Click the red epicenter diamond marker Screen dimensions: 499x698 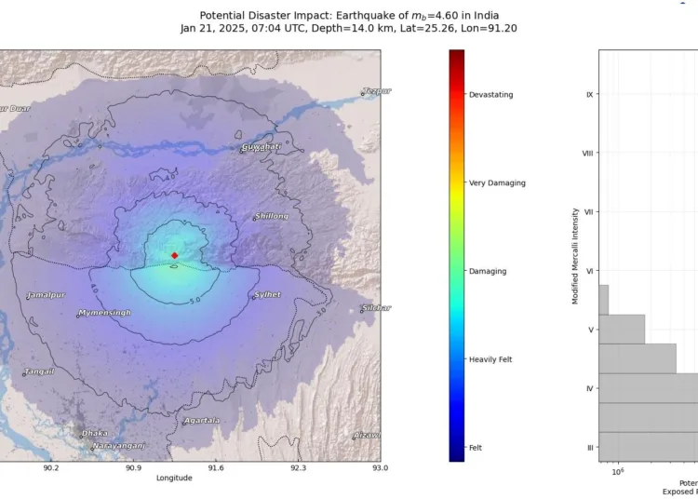174,255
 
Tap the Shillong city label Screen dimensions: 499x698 271,216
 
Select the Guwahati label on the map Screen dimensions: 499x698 261,147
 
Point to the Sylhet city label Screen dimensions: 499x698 268,295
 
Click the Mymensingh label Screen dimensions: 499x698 104,313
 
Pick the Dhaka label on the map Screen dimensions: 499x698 94,433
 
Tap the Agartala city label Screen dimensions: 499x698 202,420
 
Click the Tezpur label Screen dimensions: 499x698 377,90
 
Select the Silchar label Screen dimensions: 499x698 376,307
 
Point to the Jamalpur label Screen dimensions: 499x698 47,295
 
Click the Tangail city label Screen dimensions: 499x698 39,371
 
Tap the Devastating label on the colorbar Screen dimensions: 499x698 490,95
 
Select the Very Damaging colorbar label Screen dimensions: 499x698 497,183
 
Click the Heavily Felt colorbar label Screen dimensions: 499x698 490,359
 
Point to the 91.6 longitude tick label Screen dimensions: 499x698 215,468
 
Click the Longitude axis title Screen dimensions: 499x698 174,479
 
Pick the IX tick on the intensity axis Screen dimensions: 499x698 589,94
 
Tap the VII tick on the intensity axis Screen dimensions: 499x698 588,211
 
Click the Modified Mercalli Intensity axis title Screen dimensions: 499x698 576,256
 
